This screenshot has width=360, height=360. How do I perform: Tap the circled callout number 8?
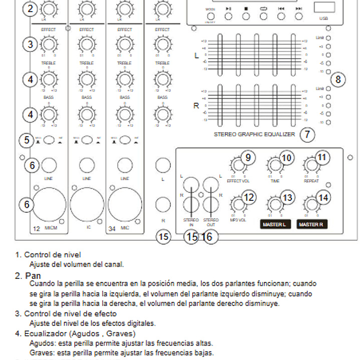[338, 79]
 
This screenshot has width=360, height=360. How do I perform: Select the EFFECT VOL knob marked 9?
[236, 165]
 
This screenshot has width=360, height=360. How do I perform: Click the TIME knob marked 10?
[274, 165]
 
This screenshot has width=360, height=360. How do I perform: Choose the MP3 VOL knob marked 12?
[236, 204]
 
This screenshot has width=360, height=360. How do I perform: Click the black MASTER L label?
[275, 224]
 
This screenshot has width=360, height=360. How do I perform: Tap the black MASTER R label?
[311, 224]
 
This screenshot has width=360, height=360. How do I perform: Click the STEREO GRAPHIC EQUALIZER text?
[255, 135]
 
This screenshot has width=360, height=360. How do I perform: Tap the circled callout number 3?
[31, 44]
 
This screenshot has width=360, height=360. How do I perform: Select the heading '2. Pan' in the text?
[28, 275]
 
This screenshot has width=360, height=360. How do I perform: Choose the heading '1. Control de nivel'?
[48, 255]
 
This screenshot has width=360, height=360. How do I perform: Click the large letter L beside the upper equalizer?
[197, 56]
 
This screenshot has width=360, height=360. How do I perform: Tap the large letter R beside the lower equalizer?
[196, 106]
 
